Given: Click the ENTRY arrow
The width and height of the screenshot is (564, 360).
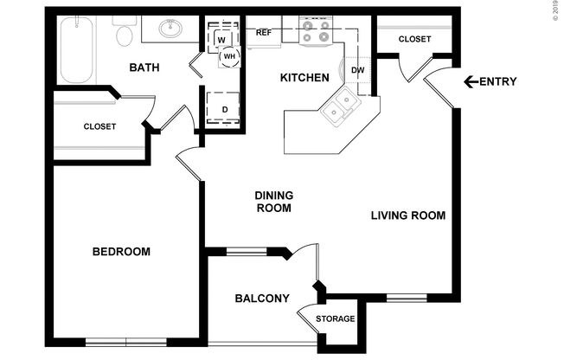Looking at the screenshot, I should click(x=471, y=82).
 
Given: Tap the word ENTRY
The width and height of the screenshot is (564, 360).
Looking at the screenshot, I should click(x=499, y=82).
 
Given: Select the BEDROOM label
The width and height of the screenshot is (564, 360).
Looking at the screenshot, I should click(x=121, y=252).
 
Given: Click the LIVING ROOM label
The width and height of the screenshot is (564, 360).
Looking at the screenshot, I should click(x=408, y=215).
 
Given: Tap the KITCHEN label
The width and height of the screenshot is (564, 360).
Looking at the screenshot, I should click(x=304, y=78).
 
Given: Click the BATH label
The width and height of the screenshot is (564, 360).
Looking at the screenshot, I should click(x=144, y=67).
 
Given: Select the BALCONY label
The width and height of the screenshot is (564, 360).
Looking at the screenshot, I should click(x=261, y=299).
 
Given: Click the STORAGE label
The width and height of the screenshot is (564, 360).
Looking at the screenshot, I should click(x=335, y=319).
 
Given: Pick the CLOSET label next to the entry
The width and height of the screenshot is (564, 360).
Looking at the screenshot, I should click(x=415, y=39).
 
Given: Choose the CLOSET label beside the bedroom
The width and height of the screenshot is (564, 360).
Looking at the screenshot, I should click(x=99, y=126).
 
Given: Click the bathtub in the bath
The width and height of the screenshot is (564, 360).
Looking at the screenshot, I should click(x=76, y=49).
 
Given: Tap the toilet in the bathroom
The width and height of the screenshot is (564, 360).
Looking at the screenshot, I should click(x=125, y=35).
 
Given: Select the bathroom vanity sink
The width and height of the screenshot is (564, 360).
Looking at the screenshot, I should click(x=172, y=31).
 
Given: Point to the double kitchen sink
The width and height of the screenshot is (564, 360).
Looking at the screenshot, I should click(x=339, y=107).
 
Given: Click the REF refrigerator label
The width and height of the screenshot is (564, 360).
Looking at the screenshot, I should click(x=264, y=33).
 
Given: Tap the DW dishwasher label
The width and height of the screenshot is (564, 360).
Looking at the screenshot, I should click(x=357, y=71).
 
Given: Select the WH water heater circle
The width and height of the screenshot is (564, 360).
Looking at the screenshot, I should click(x=229, y=56).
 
